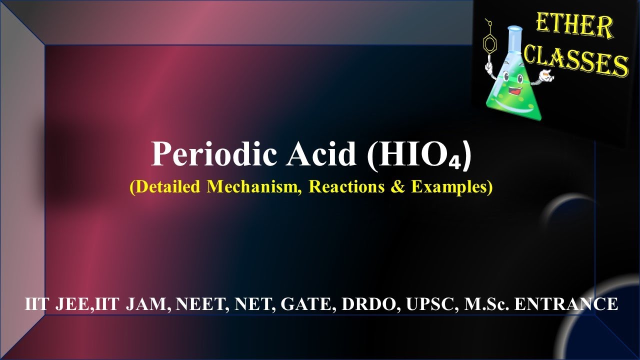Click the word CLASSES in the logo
pos(575,62)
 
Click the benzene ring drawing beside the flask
pos(489,44)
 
